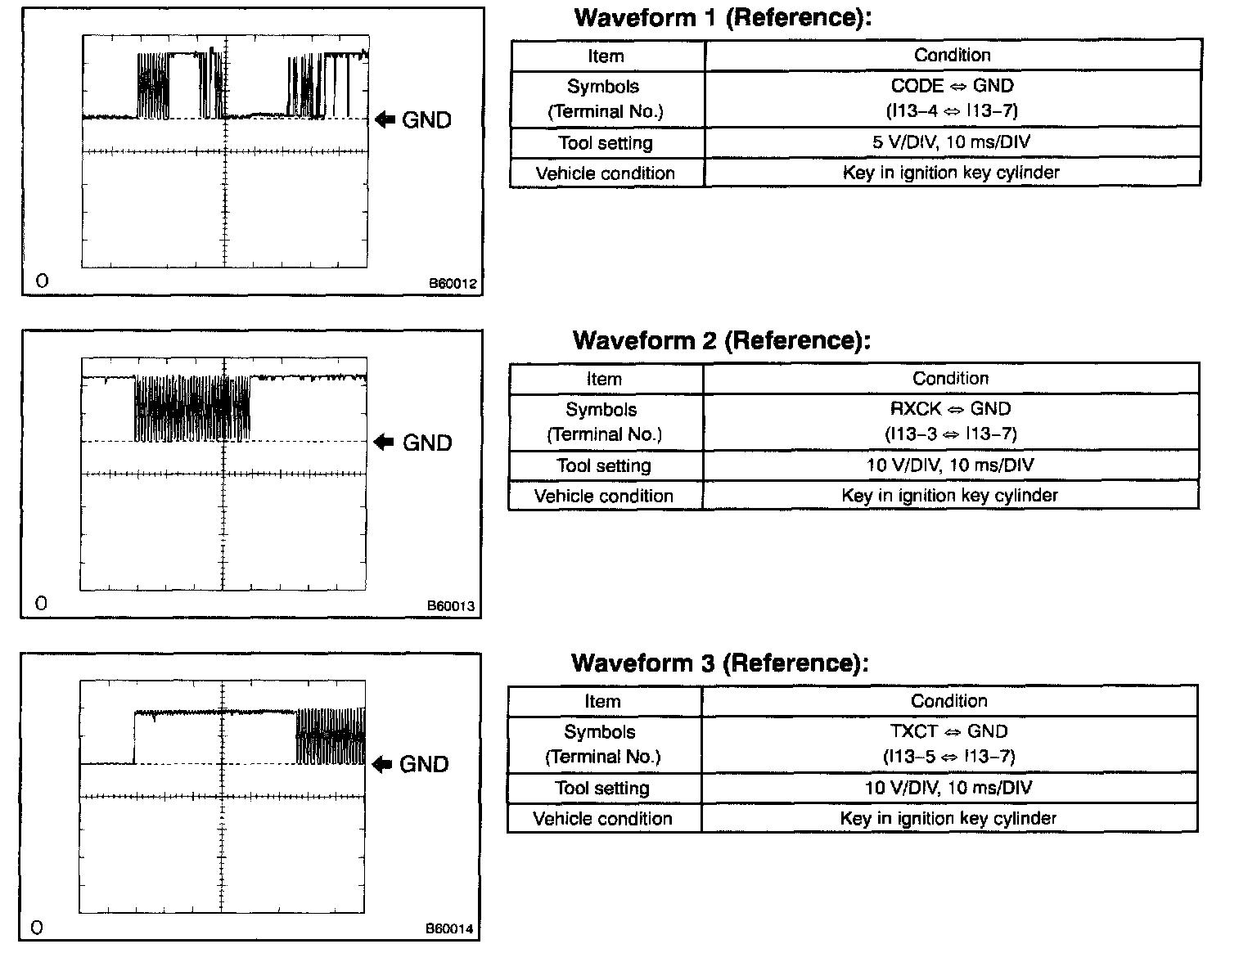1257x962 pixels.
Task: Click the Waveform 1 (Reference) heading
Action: [x=723, y=18]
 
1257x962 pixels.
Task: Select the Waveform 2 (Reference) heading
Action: [x=722, y=340]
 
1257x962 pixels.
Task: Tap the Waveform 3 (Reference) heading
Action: [x=720, y=663]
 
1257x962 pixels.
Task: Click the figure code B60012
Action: [x=453, y=284]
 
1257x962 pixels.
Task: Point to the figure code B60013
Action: [x=451, y=607]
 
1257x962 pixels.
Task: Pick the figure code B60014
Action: [x=449, y=929]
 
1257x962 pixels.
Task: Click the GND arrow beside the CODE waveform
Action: [x=385, y=119]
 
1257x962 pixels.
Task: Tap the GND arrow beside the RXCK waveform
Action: [x=383, y=443]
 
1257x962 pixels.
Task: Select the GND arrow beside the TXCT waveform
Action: [x=381, y=764]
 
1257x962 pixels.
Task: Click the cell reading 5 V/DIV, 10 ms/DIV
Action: [x=951, y=142]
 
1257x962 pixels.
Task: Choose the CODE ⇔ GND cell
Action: [x=952, y=98]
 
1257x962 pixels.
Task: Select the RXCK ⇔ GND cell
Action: [x=950, y=420]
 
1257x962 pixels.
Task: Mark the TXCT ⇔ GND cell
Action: [x=948, y=744]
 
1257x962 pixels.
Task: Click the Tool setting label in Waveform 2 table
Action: [x=604, y=465]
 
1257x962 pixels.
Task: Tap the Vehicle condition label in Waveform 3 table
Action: [x=602, y=819]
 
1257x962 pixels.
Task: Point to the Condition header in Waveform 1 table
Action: [x=953, y=56]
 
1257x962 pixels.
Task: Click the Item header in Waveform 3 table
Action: [x=602, y=701]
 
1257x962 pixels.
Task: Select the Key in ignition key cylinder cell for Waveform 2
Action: [x=949, y=496]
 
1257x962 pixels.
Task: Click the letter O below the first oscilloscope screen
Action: [x=43, y=281]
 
